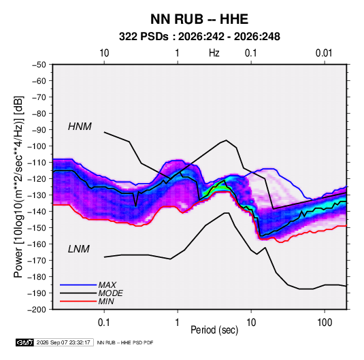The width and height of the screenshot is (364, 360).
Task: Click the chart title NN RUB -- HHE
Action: click(199, 19)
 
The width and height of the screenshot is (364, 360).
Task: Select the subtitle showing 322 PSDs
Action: click(199, 37)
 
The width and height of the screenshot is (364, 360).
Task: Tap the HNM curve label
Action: click(80, 127)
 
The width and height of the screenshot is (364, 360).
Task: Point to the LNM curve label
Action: click(79, 249)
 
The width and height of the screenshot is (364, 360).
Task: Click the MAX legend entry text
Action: click(107, 284)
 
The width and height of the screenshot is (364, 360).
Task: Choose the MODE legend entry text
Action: click(110, 293)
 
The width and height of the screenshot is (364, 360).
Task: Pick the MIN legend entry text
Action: click(106, 301)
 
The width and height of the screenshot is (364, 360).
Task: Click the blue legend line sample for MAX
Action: click(78, 284)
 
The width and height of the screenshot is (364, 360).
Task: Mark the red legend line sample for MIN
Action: click(78, 301)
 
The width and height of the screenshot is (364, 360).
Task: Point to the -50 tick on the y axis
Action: click(39, 65)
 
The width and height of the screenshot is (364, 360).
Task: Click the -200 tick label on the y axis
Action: click(37, 310)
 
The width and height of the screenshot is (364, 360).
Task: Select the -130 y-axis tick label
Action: click(37, 195)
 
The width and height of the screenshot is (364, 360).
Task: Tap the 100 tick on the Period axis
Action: click(325, 323)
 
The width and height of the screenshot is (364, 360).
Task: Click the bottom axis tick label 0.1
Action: click(104, 323)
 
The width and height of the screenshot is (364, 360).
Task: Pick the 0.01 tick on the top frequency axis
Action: click(324, 53)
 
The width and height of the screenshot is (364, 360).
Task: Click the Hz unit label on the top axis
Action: click(214, 53)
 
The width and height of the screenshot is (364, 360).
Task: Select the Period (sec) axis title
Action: click(214, 330)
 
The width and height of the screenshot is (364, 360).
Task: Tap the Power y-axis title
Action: click(18, 186)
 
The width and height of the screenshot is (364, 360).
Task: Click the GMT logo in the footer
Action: click(24, 342)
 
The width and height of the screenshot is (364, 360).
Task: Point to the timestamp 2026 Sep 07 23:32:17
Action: click(63, 342)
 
